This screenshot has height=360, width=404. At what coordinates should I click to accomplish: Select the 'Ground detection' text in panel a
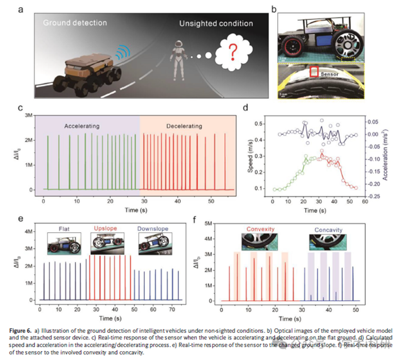click(74, 23)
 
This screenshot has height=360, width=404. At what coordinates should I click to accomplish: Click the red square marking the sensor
click(314, 72)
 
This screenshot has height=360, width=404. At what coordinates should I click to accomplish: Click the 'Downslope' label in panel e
click(152, 227)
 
